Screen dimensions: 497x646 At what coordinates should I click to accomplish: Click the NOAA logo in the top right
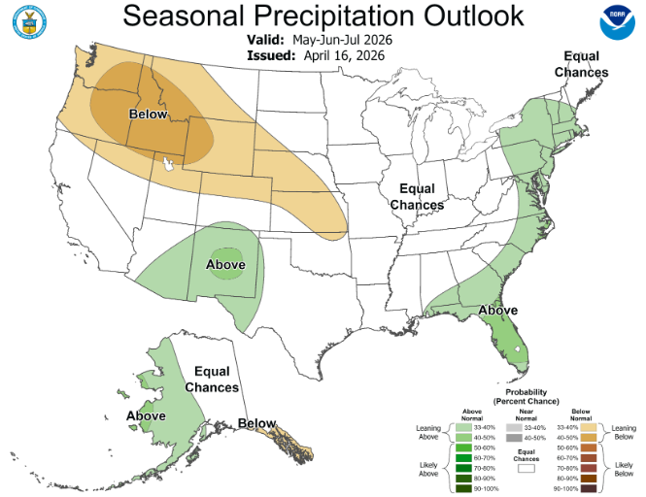click(614, 25)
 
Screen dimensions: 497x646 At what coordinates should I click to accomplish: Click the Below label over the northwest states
click(148, 115)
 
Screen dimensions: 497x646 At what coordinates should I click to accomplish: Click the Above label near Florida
click(496, 311)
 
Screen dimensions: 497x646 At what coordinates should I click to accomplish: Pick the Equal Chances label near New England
click(582, 65)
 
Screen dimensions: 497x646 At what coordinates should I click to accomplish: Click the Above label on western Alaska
click(145, 416)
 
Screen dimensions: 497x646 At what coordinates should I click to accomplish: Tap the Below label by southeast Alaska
click(257, 423)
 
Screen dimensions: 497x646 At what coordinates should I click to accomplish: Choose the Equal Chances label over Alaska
click(212, 380)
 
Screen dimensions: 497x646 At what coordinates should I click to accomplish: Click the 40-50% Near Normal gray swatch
click(511, 438)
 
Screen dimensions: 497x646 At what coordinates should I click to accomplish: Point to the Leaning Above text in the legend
click(428, 433)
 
